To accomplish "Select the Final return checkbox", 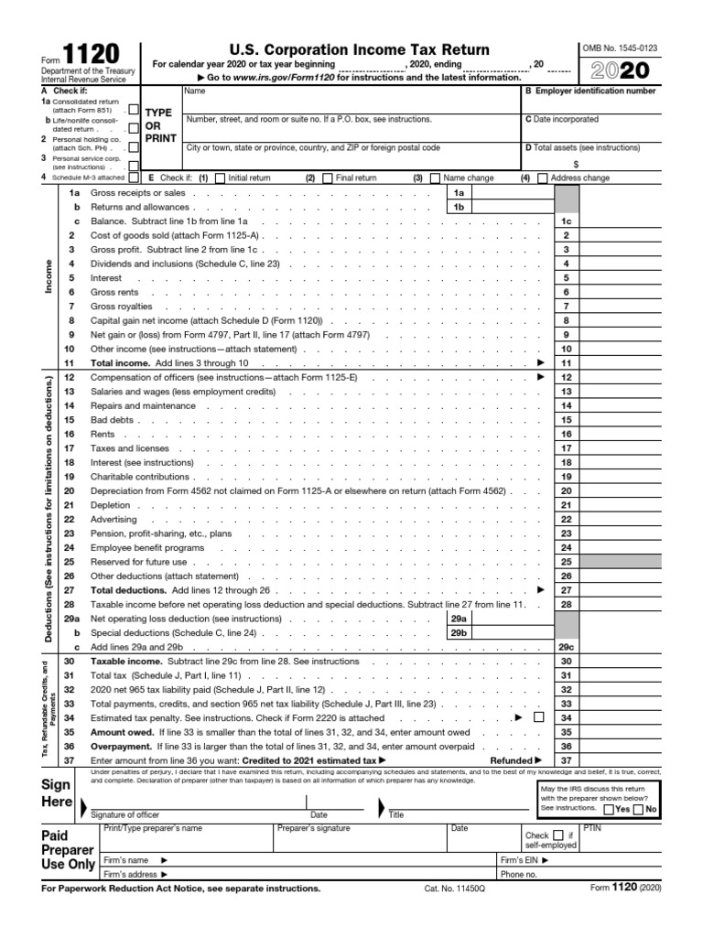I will click(x=328, y=178).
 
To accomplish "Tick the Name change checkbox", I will click(x=435, y=178).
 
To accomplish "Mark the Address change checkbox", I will click(x=544, y=178).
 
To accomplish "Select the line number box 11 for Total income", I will click(x=566, y=363).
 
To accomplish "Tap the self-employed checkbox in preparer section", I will click(x=557, y=835).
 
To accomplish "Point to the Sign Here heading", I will click(x=57, y=793).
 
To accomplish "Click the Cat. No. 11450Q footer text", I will click(x=454, y=889).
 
